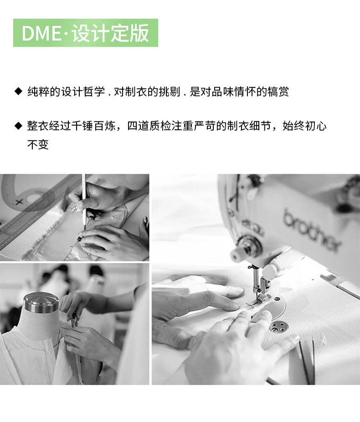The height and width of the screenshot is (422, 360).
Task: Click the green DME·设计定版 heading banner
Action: [x=86, y=33]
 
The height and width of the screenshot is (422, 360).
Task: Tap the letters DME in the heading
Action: [x=41, y=33]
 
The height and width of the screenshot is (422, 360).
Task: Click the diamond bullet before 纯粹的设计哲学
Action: [x=18, y=92]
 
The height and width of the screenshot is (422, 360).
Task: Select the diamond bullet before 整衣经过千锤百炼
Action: [x=18, y=125]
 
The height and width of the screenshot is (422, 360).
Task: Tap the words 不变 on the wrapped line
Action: [x=38, y=145]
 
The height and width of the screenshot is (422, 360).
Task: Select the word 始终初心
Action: [x=304, y=126]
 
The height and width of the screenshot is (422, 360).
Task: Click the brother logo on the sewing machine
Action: [x=312, y=230]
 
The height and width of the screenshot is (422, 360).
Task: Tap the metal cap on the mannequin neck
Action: [x=41, y=303]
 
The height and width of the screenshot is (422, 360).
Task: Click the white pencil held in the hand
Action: [x=84, y=200]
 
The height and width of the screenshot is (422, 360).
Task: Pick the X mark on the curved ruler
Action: [x=19, y=202]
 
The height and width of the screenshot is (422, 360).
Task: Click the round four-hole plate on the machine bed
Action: [x=277, y=327]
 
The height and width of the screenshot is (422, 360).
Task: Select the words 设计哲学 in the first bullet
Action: [x=83, y=92]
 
